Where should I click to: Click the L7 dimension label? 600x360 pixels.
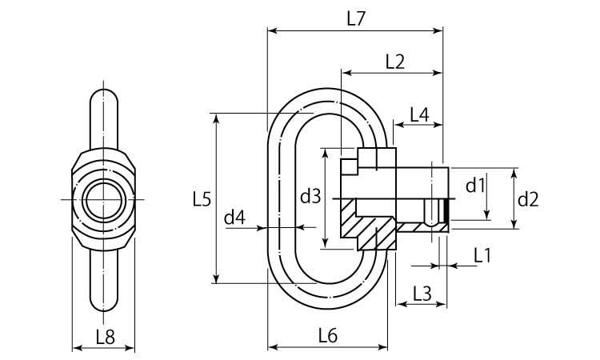click(x=356, y=18)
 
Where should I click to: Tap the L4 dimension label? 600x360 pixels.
click(x=419, y=114)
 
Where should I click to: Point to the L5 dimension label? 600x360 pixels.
click(x=202, y=198)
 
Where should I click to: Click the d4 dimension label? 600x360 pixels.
click(x=234, y=216)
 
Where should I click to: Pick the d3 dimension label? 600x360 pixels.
click(x=310, y=196)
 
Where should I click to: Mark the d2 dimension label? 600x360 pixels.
click(x=528, y=198)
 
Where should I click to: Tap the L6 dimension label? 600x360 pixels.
click(x=327, y=336)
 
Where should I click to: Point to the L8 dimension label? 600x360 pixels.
click(x=104, y=337)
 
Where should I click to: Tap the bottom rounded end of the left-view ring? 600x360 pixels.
click(x=104, y=304)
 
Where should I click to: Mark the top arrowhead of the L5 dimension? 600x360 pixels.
click(x=216, y=117)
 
